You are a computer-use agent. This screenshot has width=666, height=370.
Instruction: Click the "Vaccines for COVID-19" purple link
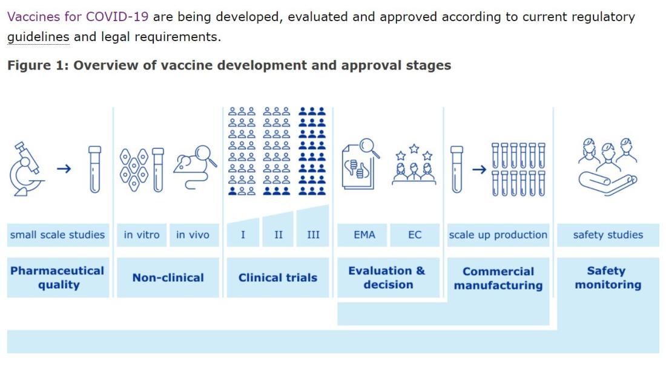(77, 16)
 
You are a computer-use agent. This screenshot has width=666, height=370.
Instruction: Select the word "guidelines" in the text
(38, 37)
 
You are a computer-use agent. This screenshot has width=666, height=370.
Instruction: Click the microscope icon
(26, 169)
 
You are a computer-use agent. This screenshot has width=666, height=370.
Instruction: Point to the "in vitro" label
(142, 235)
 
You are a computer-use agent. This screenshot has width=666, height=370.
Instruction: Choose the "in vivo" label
(193, 235)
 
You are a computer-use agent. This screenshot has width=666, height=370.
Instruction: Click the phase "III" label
(313, 235)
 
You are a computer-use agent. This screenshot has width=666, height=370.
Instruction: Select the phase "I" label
(243, 235)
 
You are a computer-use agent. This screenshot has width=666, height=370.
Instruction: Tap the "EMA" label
(364, 235)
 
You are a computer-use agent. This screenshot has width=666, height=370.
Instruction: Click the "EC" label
(415, 235)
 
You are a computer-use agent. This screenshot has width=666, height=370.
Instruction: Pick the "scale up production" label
(498, 235)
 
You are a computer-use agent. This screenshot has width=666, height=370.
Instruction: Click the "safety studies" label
(608, 235)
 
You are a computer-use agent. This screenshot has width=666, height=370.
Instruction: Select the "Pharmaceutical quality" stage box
(58, 277)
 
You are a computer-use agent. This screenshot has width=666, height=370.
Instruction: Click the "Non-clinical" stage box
(168, 277)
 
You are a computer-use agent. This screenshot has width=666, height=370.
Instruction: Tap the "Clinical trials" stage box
(278, 277)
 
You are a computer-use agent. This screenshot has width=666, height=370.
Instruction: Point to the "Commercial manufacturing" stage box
(498, 278)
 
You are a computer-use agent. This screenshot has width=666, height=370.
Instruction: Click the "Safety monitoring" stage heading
(608, 277)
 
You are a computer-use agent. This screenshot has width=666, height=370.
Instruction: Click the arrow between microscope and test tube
(64, 169)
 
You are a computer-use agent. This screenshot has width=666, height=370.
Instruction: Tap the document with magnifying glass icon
(360, 164)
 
